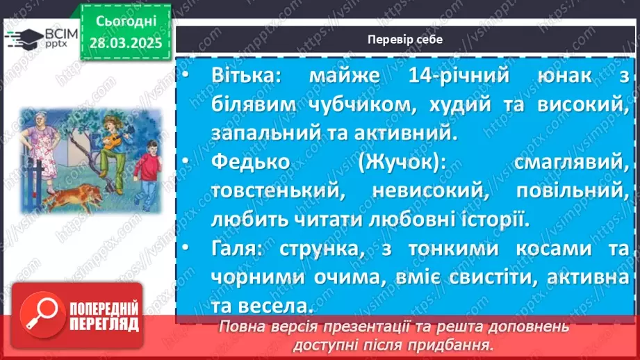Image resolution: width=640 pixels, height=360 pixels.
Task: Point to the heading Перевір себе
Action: click(406, 40)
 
